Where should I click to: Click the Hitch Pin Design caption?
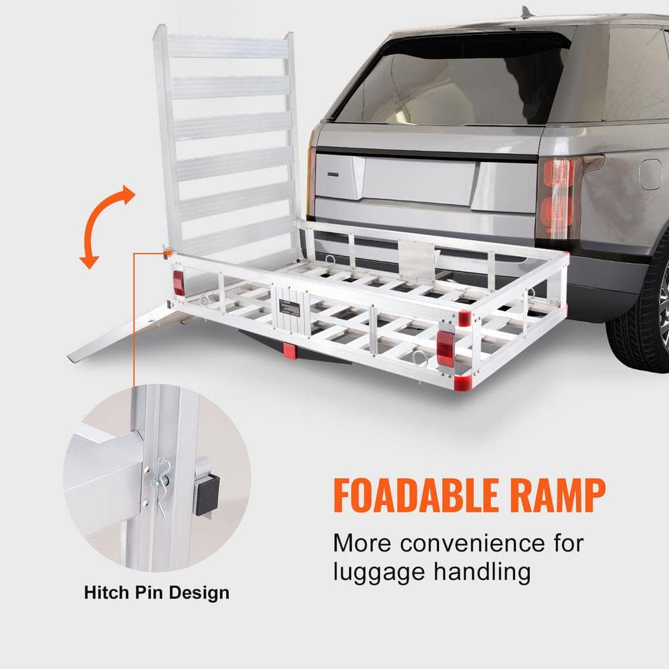[x=157, y=593]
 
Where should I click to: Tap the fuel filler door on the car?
[x=650, y=174]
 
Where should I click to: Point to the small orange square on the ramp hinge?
[x=169, y=253]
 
